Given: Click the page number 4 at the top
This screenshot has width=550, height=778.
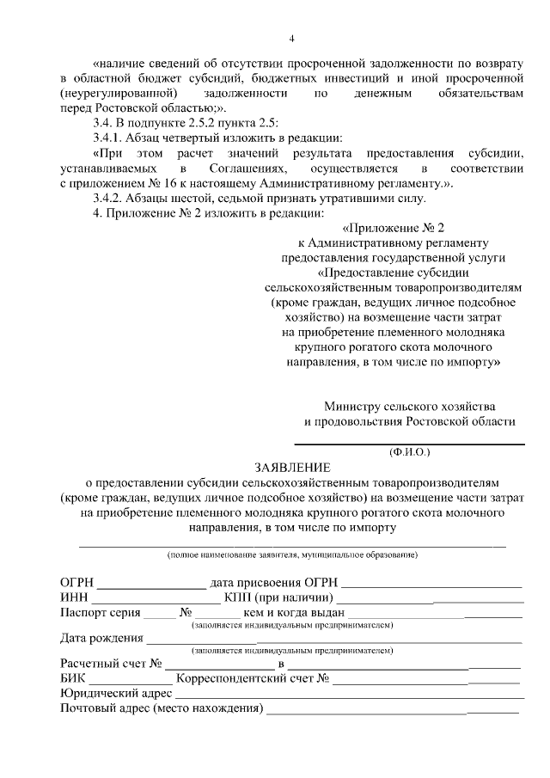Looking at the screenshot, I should (x=291, y=39).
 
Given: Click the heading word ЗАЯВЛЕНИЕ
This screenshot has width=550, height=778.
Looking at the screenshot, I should (x=291, y=467).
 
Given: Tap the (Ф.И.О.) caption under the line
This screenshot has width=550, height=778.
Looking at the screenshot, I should (x=409, y=450).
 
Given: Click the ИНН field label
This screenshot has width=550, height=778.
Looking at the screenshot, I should (x=74, y=597).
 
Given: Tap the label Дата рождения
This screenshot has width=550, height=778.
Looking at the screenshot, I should (x=101, y=638).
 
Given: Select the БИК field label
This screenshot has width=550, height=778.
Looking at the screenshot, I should (x=73, y=678).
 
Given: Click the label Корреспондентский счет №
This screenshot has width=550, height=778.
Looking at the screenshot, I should (x=253, y=678).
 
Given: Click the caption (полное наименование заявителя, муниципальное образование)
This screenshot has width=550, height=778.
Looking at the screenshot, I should (x=292, y=555).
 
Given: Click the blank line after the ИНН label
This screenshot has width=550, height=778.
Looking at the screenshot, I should (x=155, y=599).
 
